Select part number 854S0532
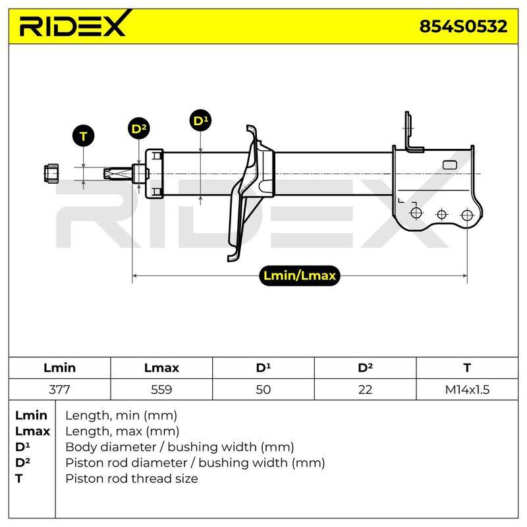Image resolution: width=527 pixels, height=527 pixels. click(x=463, y=26)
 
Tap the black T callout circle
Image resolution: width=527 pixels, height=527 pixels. click(x=84, y=136)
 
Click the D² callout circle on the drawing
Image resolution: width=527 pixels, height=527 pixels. click(x=139, y=128)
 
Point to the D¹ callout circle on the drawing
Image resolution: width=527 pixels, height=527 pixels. click(x=201, y=121)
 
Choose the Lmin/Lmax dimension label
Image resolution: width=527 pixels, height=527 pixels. click(x=300, y=275)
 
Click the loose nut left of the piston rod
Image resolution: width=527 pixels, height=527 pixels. click(x=51, y=173)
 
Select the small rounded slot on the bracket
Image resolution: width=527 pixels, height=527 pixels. click(x=450, y=165)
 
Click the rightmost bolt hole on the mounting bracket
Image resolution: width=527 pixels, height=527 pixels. click(x=467, y=215)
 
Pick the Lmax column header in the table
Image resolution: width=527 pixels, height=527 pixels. click(x=161, y=368)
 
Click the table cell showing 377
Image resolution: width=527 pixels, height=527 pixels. click(x=59, y=389)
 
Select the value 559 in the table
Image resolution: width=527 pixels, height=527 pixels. click(x=161, y=389)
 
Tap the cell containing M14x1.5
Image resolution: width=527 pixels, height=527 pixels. click(x=467, y=389)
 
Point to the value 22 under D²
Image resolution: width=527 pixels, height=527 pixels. click(x=365, y=389)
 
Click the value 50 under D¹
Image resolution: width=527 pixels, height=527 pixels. click(x=263, y=389)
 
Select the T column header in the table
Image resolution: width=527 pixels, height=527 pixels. click(x=467, y=368)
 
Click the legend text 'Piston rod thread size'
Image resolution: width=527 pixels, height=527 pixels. click(x=131, y=478)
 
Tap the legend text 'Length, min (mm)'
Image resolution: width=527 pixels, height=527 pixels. click(x=121, y=416)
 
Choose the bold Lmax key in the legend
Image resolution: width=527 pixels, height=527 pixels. click(x=32, y=431)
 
